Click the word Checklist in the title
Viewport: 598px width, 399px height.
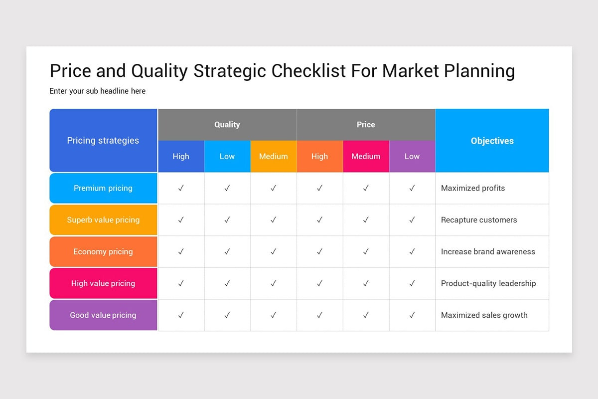pos(308,71)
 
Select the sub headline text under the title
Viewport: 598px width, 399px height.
pos(98,91)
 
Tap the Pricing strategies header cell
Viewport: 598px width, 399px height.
pos(103,140)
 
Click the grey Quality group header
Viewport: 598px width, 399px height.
pos(227,125)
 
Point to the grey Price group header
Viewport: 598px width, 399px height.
pos(366,125)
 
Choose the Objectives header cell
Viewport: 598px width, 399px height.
pos(492,140)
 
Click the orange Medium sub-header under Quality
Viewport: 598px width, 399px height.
pos(274,156)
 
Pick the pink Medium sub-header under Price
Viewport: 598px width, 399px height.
pos(366,156)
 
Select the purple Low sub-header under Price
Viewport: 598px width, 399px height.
pos(412,156)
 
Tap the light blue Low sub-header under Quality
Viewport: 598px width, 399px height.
pos(227,156)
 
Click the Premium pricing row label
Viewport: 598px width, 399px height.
pos(103,188)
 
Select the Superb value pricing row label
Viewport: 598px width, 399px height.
pos(103,220)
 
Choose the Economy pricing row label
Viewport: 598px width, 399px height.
pos(103,252)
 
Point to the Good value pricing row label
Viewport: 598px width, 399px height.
pos(103,315)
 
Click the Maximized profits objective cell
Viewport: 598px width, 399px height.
pos(492,188)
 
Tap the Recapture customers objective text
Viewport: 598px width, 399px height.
pos(479,220)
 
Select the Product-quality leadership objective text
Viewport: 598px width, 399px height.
pos(488,283)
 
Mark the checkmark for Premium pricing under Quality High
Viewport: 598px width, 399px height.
pos(181,188)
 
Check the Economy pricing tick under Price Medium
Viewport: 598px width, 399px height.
pos(366,251)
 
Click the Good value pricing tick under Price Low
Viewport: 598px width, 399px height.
pos(412,315)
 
